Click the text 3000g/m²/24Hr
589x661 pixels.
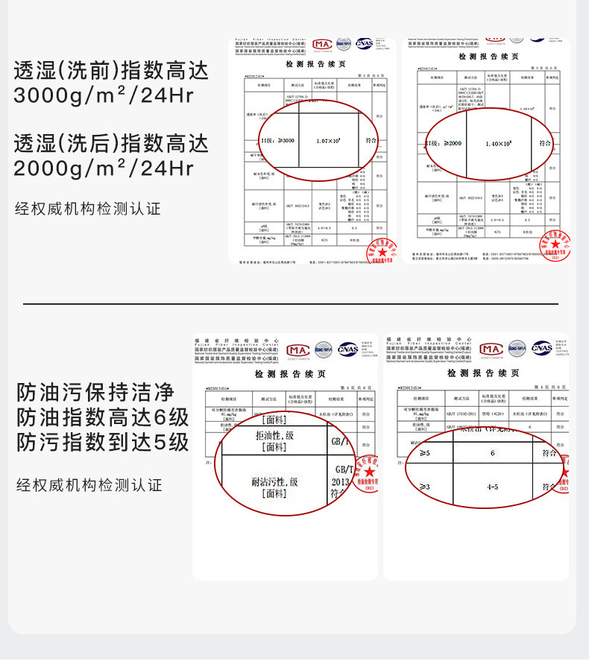(104, 96)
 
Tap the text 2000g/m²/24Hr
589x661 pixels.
(104, 168)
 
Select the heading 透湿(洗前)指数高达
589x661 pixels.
(111, 71)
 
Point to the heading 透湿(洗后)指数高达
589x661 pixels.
(111, 143)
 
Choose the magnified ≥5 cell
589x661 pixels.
(424, 453)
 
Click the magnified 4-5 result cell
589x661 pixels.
(492, 487)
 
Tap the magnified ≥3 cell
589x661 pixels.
(424, 487)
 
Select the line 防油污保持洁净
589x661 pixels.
(95, 391)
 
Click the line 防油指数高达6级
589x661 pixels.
(103, 417)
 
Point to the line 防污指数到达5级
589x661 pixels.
(103, 442)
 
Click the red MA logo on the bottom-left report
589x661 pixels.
(297, 350)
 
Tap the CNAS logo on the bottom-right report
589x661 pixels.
(541, 348)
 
